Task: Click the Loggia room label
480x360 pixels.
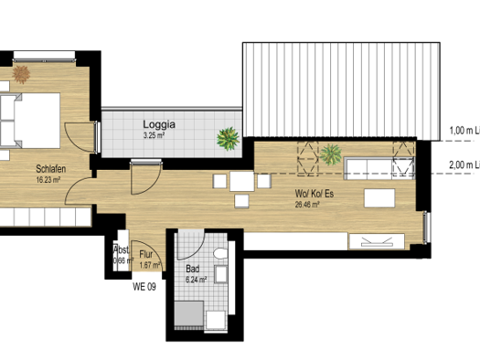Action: point(159,123)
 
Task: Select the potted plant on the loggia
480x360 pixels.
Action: point(226,139)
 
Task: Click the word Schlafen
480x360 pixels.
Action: point(51,169)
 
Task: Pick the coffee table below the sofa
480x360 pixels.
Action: point(379,197)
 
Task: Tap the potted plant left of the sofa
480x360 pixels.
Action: point(330,153)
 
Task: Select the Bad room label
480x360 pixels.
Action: point(192,270)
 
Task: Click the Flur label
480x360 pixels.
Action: point(146,256)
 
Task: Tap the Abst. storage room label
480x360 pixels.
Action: point(120,249)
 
